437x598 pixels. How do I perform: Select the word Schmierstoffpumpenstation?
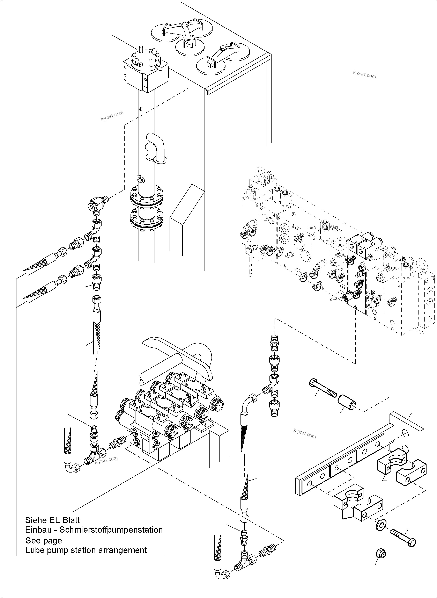(x=111, y=530)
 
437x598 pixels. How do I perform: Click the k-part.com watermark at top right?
(x=364, y=74)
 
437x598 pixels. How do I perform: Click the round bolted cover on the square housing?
(x=146, y=60)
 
